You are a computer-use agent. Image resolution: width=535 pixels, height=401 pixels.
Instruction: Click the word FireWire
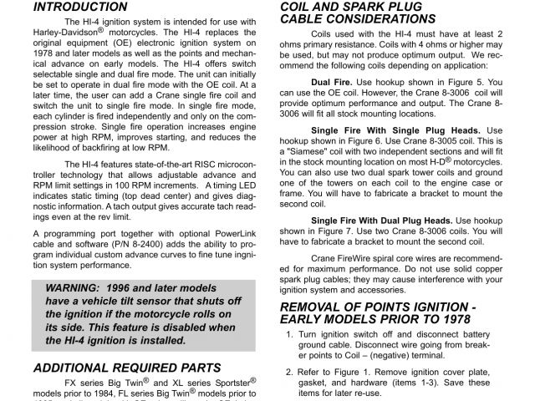(x=371, y=259)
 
